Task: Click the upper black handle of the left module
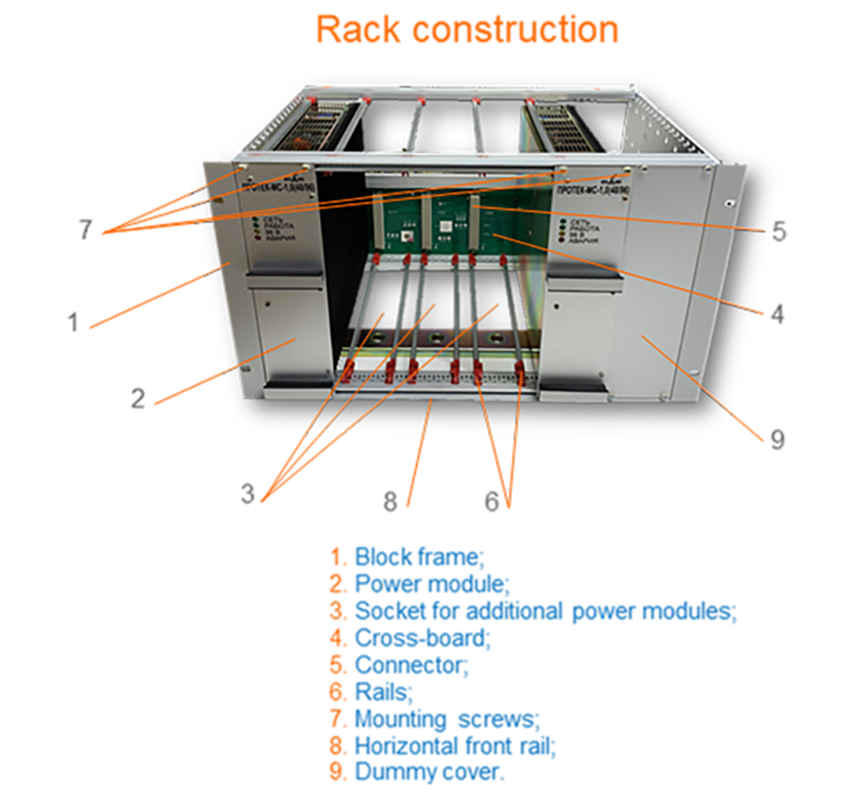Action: [x=286, y=270]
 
